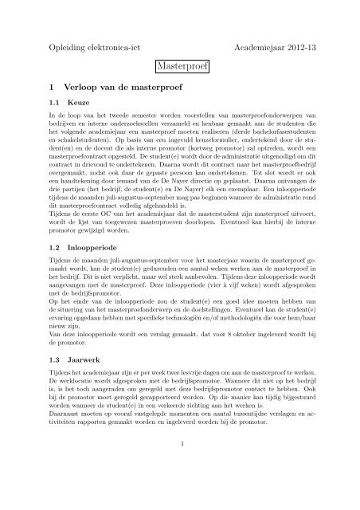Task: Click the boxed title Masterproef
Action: point(180,69)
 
